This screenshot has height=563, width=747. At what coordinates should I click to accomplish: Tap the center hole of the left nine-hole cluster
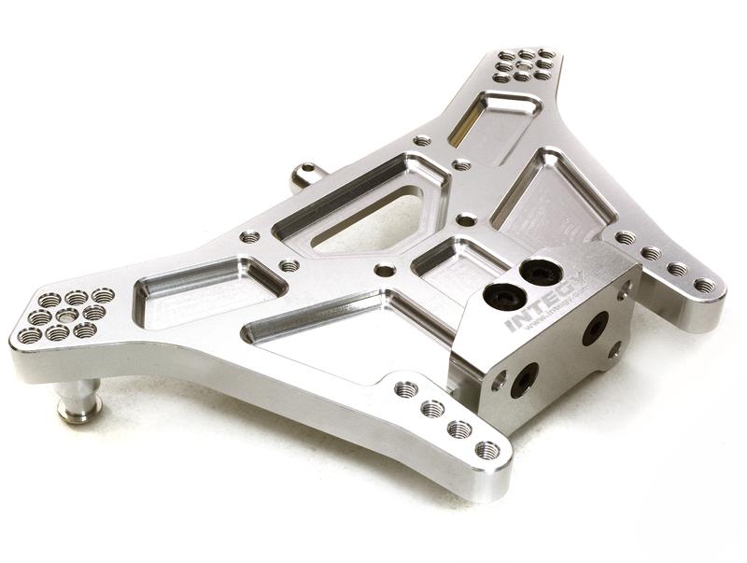(x=66, y=316)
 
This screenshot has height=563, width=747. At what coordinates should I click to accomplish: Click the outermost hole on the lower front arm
(x=486, y=450)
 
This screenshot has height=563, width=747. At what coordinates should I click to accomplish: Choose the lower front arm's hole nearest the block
(x=405, y=389)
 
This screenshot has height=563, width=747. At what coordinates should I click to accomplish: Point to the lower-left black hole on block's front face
(x=525, y=379)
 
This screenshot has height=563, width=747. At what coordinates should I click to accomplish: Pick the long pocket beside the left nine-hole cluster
(x=205, y=292)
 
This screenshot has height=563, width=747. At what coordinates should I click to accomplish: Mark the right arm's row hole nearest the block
(x=624, y=239)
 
